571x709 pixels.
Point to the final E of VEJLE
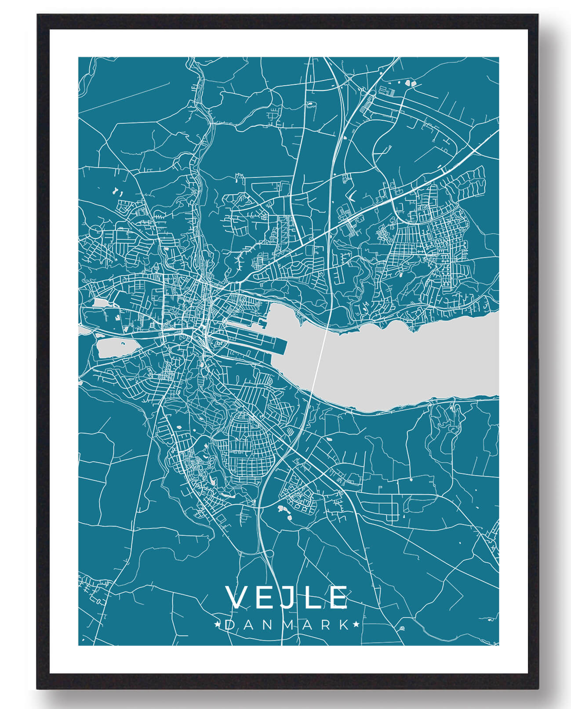click(x=339, y=597)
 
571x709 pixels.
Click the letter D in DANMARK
click(x=229, y=625)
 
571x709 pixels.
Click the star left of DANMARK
click(x=217, y=624)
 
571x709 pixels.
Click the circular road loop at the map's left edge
click(x=95, y=232)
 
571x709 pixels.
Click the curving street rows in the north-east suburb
click(x=466, y=182)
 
